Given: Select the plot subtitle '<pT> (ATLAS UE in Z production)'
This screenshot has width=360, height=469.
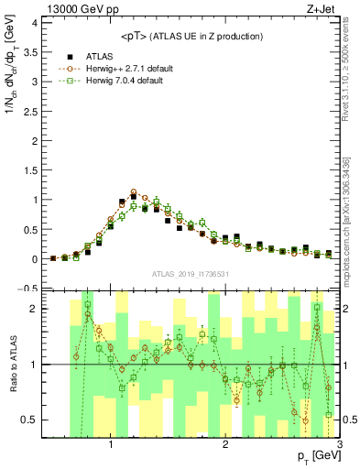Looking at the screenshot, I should (191, 36).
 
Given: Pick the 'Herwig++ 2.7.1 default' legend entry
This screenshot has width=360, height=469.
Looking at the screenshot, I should (119, 68).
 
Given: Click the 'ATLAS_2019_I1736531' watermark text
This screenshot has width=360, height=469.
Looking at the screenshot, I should (191, 274).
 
